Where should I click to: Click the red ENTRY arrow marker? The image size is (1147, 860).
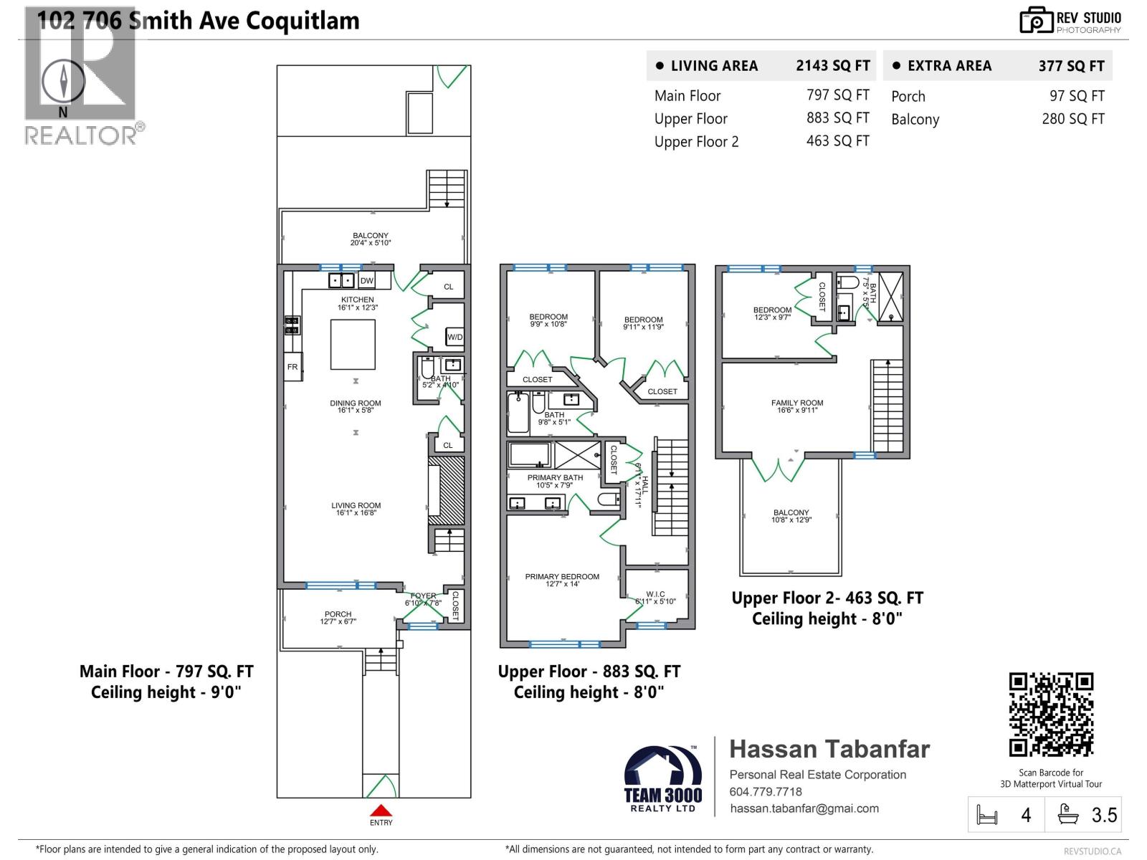coord(381,811)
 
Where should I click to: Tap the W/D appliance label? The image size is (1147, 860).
coord(454,337)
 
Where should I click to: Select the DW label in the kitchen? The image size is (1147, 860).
coord(366,281)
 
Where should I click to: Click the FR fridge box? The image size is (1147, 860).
coord(292,366)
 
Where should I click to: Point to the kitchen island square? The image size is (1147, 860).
coord(353,344)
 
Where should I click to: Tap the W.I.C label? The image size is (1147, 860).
coord(655,594)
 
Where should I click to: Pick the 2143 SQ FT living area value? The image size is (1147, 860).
coord(832,66)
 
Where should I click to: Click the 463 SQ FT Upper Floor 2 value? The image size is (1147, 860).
coord(837,141)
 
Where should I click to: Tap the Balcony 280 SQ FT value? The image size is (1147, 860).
coord(1072,119)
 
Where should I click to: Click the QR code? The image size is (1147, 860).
coord(1051,715)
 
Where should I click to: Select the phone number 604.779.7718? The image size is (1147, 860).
coord(766,792)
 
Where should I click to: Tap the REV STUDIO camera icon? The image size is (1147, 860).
coord(1036,21)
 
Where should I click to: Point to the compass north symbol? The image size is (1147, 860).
coord(63,80)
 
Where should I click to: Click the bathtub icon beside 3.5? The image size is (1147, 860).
coord(1069,814)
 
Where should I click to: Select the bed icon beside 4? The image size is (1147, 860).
coord(987,815)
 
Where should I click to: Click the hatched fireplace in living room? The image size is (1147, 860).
coord(452,489)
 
